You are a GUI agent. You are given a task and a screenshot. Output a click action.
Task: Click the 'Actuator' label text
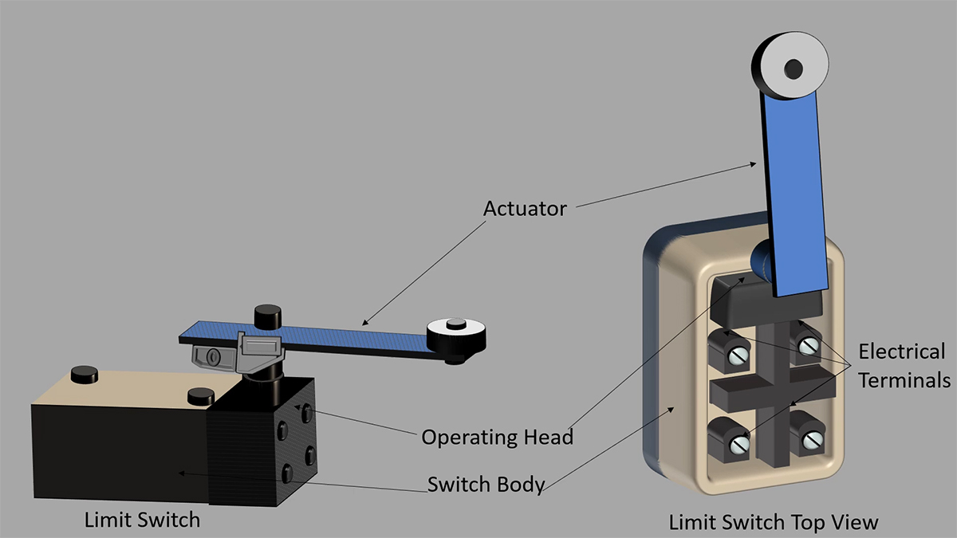coord(525,209)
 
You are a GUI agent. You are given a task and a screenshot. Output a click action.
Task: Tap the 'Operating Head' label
coord(497,437)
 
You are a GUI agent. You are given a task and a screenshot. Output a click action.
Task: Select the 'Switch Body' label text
coord(486,484)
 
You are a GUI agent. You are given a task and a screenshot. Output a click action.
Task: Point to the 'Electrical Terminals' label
coord(902,365)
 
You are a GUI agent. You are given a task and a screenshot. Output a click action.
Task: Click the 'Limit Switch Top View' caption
coord(773,522)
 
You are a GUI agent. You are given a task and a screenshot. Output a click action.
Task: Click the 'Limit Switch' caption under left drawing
coord(142,520)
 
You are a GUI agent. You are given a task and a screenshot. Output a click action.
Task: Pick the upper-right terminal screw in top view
coord(809,346)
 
